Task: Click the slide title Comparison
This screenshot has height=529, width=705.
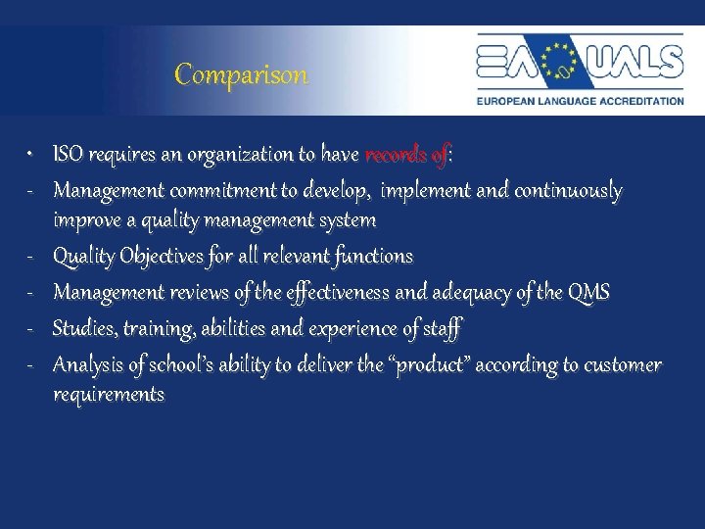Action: point(241,74)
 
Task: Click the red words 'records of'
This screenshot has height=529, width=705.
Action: point(404,155)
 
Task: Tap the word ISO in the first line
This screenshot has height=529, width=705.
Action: point(67,155)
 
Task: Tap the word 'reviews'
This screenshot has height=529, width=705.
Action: point(199,292)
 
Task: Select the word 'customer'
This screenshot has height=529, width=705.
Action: point(622,365)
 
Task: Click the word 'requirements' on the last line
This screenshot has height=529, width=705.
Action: point(109,395)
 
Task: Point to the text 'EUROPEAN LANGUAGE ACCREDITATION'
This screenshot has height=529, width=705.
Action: point(580,100)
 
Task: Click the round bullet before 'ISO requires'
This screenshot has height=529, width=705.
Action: point(31,156)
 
